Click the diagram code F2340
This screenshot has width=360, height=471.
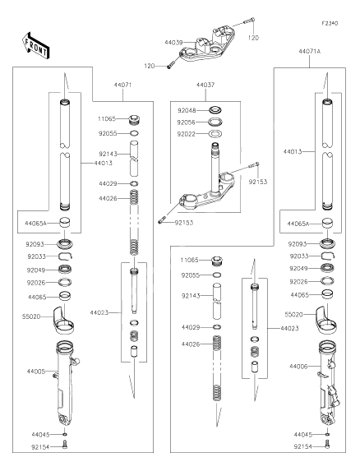[330, 25]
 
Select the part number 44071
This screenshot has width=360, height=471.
[122, 85]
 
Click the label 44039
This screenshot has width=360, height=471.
[173, 41]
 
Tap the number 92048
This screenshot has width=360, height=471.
[186, 109]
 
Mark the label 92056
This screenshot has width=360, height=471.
[186, 121]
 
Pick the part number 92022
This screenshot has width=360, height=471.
[186, 133]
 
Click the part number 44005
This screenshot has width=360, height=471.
[36, 372]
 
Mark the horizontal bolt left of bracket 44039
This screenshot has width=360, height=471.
[170, 66]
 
